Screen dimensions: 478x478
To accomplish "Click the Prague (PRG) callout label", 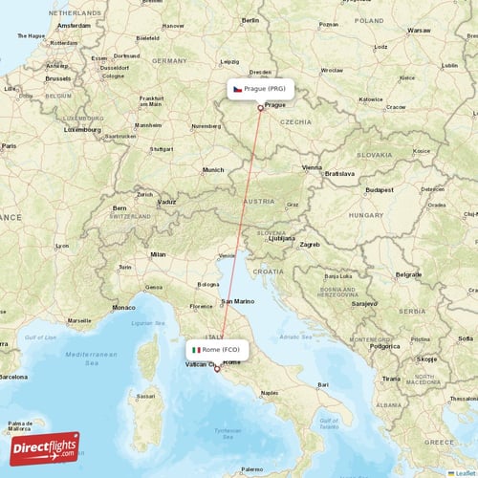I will point(260,88).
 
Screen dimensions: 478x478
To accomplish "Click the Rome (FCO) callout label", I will point(221,350).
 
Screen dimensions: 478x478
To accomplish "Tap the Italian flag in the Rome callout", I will point(197,350).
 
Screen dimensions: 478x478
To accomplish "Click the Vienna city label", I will point(313,167).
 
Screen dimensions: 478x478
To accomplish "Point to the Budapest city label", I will point(365,190).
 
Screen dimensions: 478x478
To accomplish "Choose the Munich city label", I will point(212,170).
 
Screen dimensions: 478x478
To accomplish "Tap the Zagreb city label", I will point(309,245).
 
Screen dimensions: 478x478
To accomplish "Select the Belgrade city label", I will point(381,274).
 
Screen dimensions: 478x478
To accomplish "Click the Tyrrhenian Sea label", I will point(228,434).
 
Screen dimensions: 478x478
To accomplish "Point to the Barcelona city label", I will point(13,377).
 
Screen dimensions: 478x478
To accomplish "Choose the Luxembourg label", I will point(81,127).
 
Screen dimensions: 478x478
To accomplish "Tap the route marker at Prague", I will point(260,107).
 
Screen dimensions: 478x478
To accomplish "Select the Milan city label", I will point(158,254).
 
